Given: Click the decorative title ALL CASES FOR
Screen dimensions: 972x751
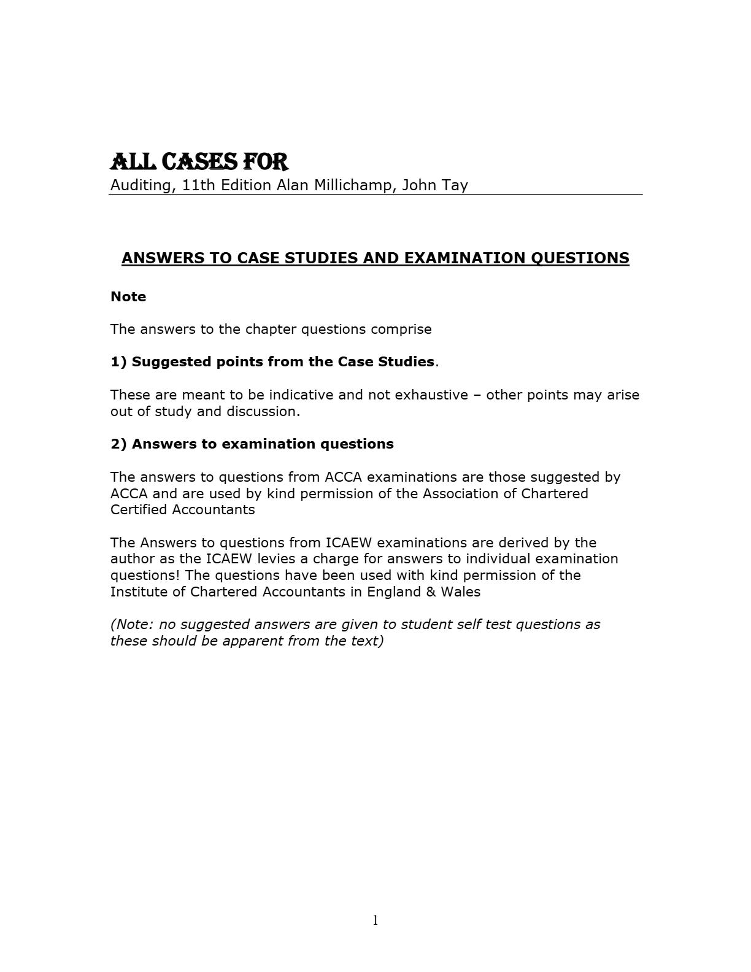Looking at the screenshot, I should pos(199,162).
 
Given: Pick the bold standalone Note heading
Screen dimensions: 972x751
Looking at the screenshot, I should pos(128,296).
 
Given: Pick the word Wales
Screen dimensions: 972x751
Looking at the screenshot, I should pos(460,592).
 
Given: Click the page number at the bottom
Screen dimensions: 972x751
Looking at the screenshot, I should pos(375,920).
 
